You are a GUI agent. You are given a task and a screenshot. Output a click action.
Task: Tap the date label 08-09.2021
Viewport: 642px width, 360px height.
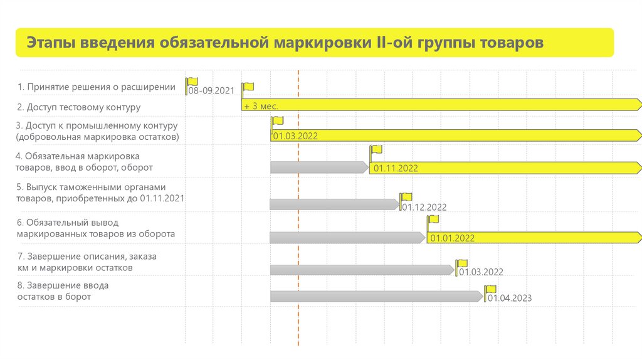211,91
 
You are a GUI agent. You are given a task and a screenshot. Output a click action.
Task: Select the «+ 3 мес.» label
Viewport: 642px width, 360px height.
261,106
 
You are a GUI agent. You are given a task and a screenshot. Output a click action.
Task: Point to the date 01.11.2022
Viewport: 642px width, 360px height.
396,168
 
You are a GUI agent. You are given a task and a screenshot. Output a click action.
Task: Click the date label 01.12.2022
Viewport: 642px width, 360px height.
424,207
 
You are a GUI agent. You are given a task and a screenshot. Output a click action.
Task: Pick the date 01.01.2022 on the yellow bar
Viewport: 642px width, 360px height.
451,238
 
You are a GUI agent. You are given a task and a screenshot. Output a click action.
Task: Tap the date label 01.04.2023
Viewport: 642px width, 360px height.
510,299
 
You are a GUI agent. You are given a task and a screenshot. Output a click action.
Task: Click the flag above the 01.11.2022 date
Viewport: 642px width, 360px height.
376,151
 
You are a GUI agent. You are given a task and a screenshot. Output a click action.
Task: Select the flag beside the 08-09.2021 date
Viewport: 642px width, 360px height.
192,82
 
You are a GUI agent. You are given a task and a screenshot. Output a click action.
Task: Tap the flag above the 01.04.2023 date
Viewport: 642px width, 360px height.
490,289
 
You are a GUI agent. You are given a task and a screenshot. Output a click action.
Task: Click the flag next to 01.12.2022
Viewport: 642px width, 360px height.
407,197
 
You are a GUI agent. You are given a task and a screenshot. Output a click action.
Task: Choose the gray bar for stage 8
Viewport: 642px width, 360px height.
376,296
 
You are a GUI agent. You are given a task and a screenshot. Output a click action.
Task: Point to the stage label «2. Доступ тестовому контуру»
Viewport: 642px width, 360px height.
78,107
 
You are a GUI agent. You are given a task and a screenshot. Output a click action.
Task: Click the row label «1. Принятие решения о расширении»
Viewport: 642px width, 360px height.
97,87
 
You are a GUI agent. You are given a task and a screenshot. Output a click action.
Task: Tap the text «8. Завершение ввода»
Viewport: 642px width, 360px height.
63,286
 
